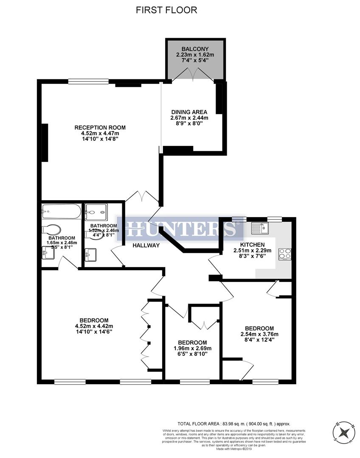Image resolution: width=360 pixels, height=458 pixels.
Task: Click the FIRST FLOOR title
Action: (x=166, y=10)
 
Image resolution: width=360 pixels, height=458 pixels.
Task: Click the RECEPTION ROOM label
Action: (x=100, y=127)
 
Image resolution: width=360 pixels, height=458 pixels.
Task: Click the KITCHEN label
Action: (x=252, y=245)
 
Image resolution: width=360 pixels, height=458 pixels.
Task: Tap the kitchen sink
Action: (x=259, y=229)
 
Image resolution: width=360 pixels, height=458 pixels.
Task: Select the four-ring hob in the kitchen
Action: (x=284, y=254)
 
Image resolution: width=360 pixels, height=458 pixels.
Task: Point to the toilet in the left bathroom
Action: (x=52, y=229)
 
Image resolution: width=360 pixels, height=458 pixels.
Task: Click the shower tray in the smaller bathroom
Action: (x=96, y=212)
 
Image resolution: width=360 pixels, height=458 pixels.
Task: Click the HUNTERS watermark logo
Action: (x=180, y=229)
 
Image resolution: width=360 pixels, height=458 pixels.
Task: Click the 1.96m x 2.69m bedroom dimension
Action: (x=192, y=349)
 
